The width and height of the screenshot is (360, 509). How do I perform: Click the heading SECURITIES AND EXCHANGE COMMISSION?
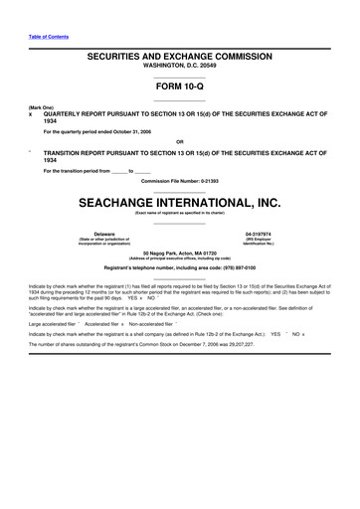(x=180, y=61)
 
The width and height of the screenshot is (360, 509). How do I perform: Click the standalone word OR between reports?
(x=180, y=140)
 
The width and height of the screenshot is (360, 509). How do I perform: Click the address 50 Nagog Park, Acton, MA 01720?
(x=180, y=254)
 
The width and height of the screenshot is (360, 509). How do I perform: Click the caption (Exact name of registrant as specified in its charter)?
(x=180, y=213)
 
